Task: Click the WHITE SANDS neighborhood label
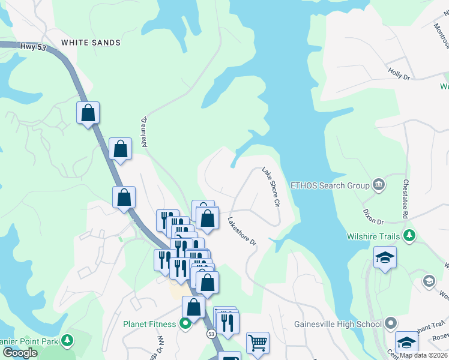point(91,43)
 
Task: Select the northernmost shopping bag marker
point(88,113)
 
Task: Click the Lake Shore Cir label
point(271,187)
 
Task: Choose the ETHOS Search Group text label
point(330,185)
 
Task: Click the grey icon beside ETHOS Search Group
point(379,184)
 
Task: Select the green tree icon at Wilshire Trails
point(409,236)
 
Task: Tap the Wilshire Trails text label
point(373,236)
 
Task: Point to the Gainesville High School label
point(338,325)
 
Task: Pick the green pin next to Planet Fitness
point(185,324)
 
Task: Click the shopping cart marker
point(258,343)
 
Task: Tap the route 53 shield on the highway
point(211,333)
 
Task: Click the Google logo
point(20,353)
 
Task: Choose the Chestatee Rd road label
point(406,198)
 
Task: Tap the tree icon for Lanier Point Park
point(68,341)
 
